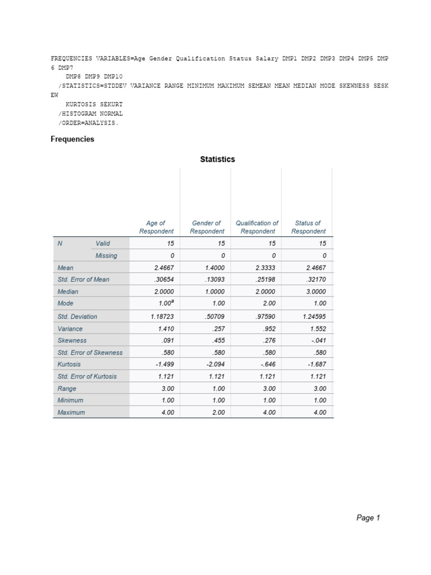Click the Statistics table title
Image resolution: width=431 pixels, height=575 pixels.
point(218,159)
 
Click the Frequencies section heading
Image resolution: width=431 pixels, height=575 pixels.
point(72,139)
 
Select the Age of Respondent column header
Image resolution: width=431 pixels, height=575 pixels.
point(156,227)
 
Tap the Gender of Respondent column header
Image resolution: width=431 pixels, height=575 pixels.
point(207,227)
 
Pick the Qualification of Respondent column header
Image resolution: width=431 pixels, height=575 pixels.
point(257,227)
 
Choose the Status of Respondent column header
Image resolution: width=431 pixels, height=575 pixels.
point(308,227)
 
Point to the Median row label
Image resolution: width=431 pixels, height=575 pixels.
point(68,292)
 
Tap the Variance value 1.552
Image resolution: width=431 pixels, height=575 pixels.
point(317,329)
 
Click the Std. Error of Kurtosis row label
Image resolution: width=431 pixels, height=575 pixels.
point(87,376)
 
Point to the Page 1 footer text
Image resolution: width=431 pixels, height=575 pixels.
point(368,518)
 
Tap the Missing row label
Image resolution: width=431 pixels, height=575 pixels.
point(106,255)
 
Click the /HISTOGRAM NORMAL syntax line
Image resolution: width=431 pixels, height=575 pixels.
point(90,113)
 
